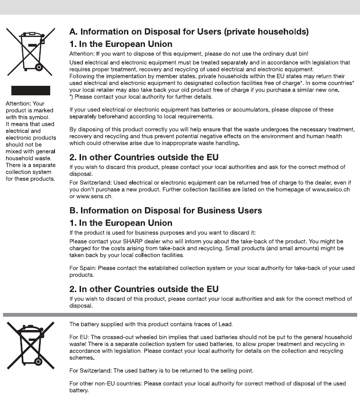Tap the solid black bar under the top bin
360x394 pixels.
(30, 91)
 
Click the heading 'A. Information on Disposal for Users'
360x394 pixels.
(189, 32)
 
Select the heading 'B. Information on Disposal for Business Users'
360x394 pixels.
(165, 211)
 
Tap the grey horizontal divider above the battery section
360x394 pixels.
(180, 314)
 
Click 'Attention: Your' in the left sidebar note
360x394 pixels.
(24, 103)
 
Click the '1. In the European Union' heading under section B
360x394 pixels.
(121, 223)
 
